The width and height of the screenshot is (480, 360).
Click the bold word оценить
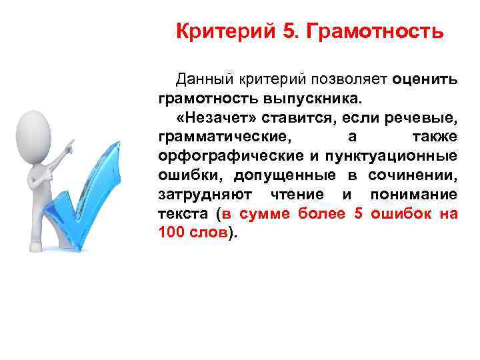pyautogui.click(x=425, y=80)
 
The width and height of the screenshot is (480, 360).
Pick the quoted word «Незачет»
pyautogui.click(x=213, y=119)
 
